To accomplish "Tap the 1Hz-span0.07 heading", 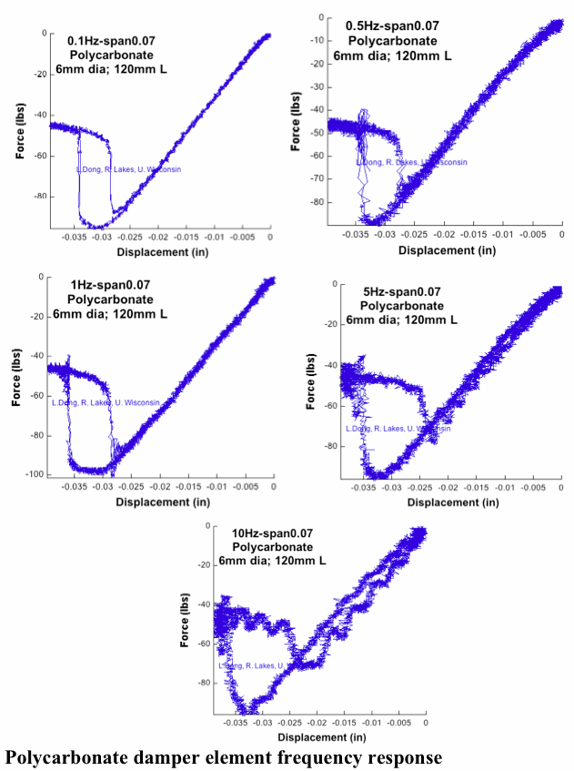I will [113, 286].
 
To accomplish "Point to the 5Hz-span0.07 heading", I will [399, 291].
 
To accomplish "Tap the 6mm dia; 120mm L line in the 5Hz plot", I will [401, 320].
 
